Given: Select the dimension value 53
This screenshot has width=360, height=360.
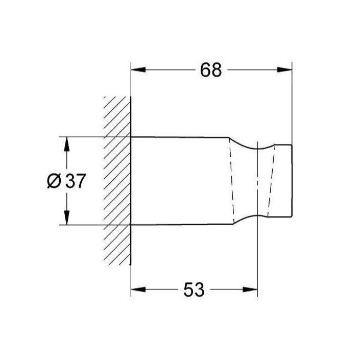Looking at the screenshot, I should pos(194,290).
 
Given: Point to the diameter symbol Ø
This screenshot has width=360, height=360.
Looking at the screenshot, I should pos(54,181).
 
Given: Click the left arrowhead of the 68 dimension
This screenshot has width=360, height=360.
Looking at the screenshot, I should pos(137,70).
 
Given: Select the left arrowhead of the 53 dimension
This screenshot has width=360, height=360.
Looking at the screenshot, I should pos(137,290).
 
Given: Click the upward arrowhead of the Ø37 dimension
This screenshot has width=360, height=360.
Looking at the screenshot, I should pos(66,143).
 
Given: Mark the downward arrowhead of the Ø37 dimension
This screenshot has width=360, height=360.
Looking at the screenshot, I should pos(66,219).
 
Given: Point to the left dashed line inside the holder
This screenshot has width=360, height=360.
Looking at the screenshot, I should pos(232,181).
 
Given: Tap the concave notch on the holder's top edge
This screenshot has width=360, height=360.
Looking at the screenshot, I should pos(258,148).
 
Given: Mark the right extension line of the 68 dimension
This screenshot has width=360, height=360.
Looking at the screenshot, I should pos(292,102).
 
